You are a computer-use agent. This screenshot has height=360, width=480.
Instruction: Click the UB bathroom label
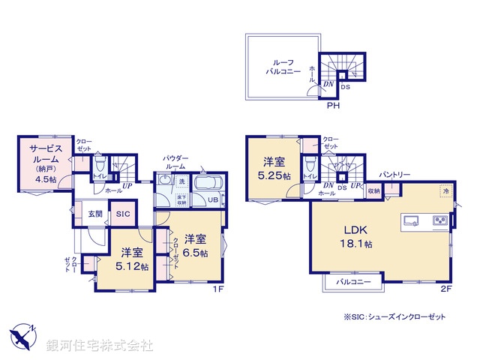[213, 200]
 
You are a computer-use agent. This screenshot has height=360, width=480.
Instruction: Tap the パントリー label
[394, 174]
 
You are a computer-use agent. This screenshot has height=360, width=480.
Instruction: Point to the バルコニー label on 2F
[351, 282]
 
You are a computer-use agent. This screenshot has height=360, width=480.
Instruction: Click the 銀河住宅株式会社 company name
[100, 345]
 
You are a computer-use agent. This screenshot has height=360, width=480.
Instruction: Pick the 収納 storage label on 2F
[373, 191]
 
